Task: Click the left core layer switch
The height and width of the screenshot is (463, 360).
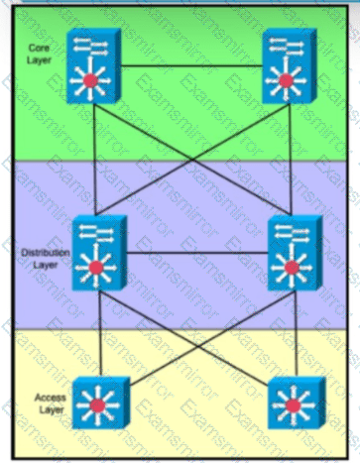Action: click(93, 66)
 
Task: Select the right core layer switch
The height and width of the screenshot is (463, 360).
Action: click(290, 66)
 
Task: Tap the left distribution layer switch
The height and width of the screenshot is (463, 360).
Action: click(99, 253)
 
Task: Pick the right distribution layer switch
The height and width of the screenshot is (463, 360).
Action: click(295, 253)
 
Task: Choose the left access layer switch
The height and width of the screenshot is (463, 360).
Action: click(101, 403)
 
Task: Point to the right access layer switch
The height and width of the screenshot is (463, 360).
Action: click(297, 403)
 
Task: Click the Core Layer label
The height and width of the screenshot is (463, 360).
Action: click(39, 54)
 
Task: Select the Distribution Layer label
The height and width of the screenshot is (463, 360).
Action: click(46, 259)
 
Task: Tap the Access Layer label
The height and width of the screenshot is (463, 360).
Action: click(50, 404)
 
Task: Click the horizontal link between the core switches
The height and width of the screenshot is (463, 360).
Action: click(191, 66)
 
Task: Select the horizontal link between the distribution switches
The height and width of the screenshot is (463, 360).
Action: click(197, 253)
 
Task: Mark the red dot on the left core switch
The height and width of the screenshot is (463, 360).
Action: click(90, 80)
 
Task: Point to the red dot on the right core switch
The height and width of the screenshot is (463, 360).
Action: click(286, 80)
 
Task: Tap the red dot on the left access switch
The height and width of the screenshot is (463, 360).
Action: click(97, 405)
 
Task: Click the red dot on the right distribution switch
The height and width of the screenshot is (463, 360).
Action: click(292, 268)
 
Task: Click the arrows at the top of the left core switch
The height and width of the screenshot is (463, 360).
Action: click(91, 46)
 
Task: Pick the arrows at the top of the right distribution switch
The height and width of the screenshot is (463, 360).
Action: click(292, 232)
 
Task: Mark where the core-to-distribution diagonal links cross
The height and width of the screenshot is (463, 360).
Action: click(192, 160)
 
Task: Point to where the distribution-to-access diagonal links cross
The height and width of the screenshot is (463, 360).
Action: click(198, 346)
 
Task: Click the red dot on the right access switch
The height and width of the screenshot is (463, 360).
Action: click(293, 405)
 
